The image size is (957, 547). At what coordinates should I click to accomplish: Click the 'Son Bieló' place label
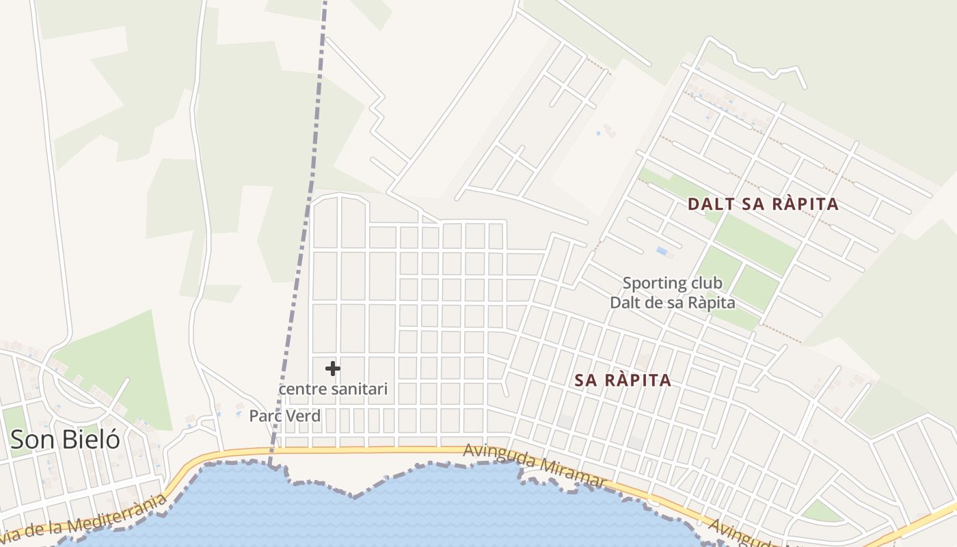pos(66,440)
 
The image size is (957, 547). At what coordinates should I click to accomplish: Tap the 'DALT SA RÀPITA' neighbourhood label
pos(763,204)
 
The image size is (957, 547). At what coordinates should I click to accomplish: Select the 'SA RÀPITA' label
pos(623,381)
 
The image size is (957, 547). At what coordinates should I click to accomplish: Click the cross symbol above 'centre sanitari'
pos(333,369)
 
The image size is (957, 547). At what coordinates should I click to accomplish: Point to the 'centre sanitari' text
pos(334,389)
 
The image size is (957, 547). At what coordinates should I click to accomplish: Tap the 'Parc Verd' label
pos(284,416)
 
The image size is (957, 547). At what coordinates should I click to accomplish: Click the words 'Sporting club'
pos(672,283)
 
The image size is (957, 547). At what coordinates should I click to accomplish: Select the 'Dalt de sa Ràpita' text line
pos(672,302)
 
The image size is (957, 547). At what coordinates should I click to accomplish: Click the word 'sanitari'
pos(358,389)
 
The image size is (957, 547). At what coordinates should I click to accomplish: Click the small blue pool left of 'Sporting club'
pos(662,251)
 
